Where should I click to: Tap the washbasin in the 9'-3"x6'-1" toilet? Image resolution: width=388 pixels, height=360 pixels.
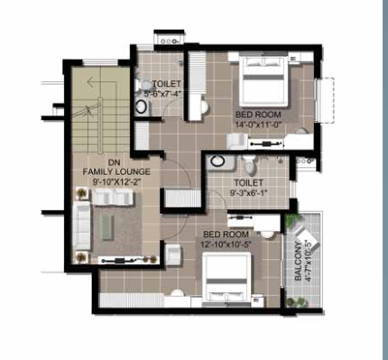[217, 162]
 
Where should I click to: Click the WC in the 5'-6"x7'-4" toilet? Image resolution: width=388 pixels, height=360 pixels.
[143, 106]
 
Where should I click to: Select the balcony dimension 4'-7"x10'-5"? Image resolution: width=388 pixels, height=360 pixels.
[310, 260]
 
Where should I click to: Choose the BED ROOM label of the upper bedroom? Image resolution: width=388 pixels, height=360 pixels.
[256, 115]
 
